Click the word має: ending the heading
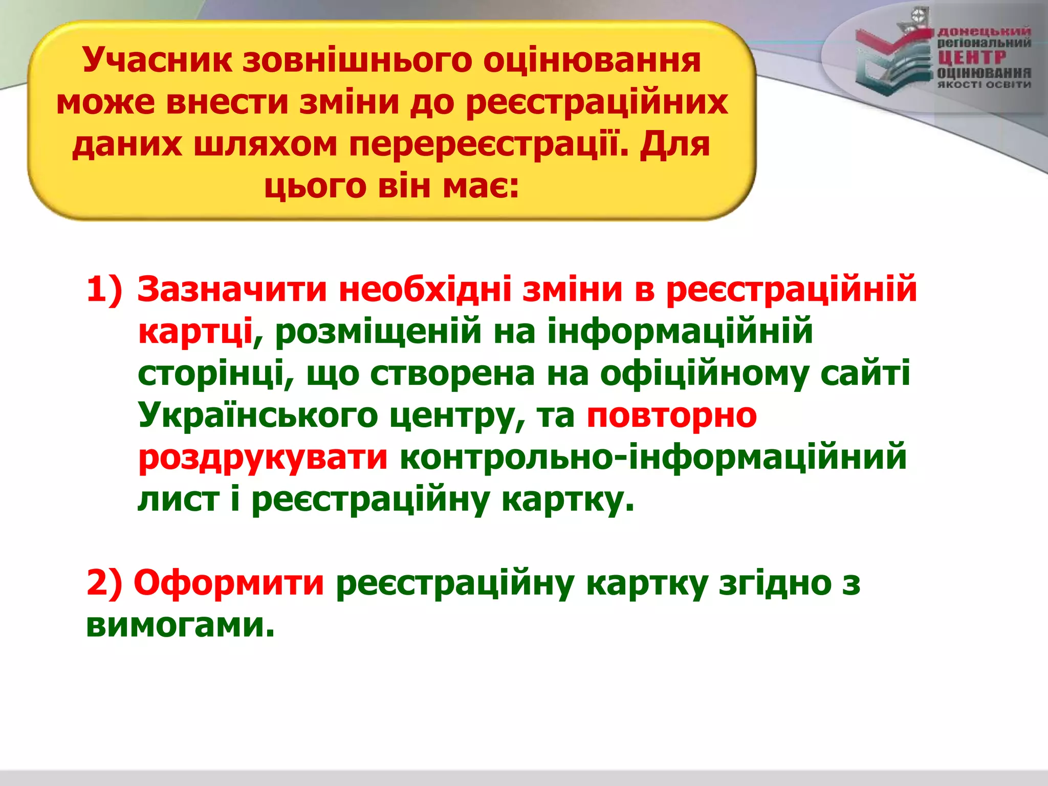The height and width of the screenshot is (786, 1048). click(481, 186)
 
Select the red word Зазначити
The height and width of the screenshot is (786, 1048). click(232, 290)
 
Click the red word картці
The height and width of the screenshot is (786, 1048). click(195, 332)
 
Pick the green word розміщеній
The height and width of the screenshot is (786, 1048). click(378, 332)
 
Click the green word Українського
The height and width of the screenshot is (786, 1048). click(258, 416)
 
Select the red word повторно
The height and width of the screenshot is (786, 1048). click(671, 416)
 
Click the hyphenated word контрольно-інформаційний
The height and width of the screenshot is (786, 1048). click(653, 457)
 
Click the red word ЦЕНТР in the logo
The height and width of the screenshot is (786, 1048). click(971, 57)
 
